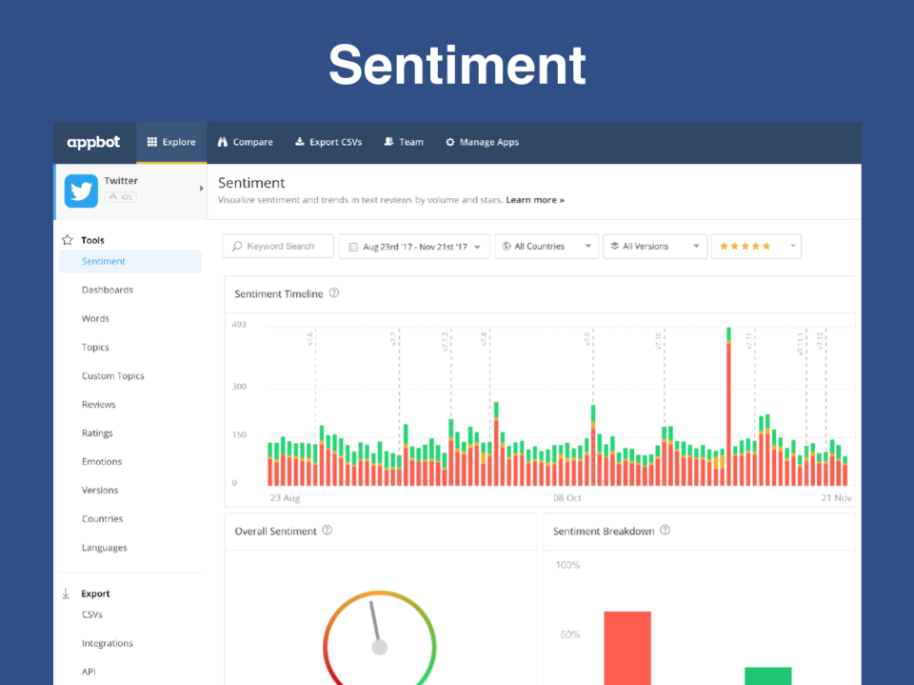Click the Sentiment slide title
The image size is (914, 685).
pyautogui.click(x=457, y=65)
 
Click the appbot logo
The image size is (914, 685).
pyautogui.click(x=93, y=142)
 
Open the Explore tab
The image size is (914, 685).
pyautogui.click(x=171, y=142)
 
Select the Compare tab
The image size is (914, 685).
pyautogui.click(x=245, y=142)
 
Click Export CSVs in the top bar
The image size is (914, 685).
pyautogui.click(x=328, y=142)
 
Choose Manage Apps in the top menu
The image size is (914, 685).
pyautogui.click(x=482, y=142)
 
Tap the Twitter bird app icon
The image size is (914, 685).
pyautogui.click(x=81, y=191)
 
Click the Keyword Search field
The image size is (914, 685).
pyautogui.click(x=278, y=246)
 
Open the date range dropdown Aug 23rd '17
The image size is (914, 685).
pyautogui.click(x=414, y=246)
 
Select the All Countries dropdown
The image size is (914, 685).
pyautogui.click(x=546, y=246)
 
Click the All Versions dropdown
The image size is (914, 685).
pyautogui.click(x=655, y=246)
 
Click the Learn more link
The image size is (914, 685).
pyautogui.click(x=535, y=200)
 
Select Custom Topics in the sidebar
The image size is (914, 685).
pyautogui.click(x=112, y=375)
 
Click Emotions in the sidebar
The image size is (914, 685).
pyautogui.click(x=102, y=461)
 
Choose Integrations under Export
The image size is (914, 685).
pyautogui.click(x=107, y=643)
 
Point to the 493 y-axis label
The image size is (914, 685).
pyautogui.click(x=239, y=325)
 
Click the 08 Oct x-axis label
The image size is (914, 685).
pyautogui.click(x=567, y=497)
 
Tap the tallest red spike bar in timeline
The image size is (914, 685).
pyautogui.click(x=728, y=410)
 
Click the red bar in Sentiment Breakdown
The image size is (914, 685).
pyautogui.click(x=627, y=648)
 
